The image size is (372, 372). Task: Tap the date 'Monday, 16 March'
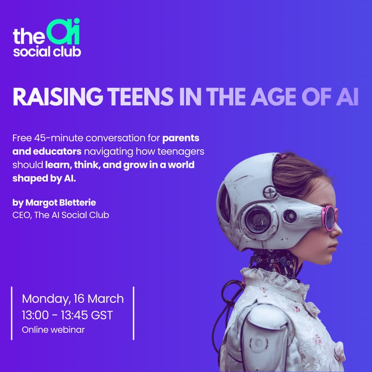coord(73,298)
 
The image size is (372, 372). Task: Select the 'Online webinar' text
coord(53,330)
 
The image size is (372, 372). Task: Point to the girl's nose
coord(338,228)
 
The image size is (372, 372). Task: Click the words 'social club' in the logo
coord(47,51)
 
